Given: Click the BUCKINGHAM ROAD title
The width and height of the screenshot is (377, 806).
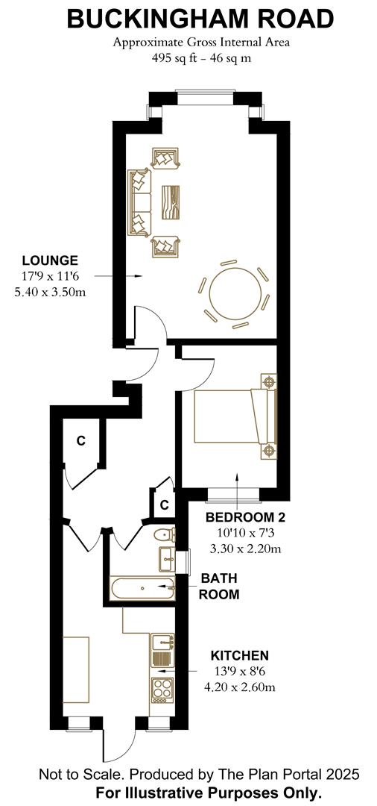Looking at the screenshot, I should pos(189,18).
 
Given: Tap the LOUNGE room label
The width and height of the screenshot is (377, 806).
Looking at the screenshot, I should pos(50,260).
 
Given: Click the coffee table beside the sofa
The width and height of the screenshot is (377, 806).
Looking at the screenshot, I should pos(171,201).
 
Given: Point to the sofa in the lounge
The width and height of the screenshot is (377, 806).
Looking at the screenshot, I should pos(139,202).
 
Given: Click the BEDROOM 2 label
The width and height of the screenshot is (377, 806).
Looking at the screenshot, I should pos(246,517).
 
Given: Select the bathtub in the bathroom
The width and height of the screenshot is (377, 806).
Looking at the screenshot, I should pos(142,588).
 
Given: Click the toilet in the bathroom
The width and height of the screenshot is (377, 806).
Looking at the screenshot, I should pos(165,535).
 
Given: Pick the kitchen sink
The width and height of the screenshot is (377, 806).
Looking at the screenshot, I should pos(163,641).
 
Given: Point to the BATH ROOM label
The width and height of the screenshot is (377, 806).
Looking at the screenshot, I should pos(220,587).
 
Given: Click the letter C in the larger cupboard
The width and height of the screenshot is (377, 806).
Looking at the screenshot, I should pos(80,440).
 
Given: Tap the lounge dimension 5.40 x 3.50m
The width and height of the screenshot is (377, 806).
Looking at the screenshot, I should pos(50,292).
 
